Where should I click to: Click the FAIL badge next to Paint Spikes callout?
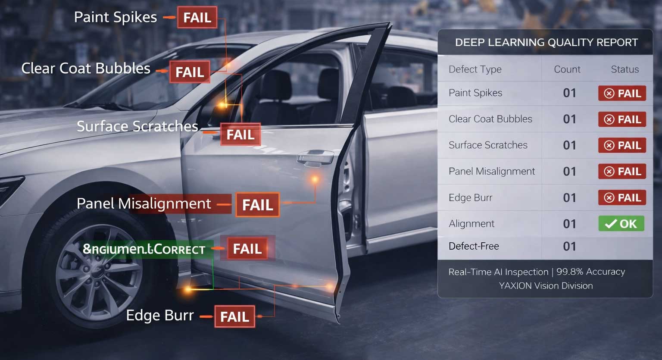click(x=197, y=18)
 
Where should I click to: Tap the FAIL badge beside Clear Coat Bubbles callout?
click(x=190, y=72)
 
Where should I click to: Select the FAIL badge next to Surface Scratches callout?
click(x=240, y=135)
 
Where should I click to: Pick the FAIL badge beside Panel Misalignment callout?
click(x=257, y=205)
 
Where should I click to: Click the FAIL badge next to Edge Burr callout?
click(x=234, y=317)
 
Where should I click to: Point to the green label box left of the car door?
click(x=144, y=249)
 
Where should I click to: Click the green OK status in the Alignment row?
click(x=621, y=224)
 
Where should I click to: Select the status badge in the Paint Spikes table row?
click(x=622, y=94)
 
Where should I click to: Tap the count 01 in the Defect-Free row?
click(x=569, y=247)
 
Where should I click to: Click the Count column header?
click(x=567, y=69)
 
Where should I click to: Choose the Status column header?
click(x=625, y=69)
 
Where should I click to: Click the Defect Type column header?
click(x=475, y=69)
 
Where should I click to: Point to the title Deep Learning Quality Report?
click(x=546, y=43)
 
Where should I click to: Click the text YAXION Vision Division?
click(x=546, y=286)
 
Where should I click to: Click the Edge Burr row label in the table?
click(x=470, y=198)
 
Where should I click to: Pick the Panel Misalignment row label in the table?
click(x=492, y=172)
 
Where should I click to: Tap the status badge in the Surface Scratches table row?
click(x=622, y=146)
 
